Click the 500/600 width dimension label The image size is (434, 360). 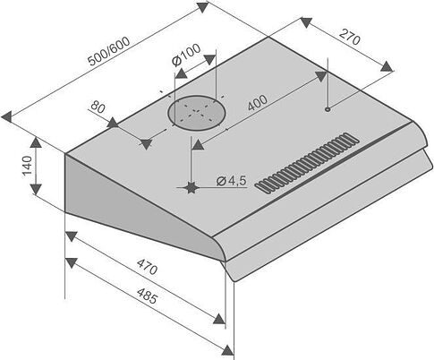(109, 51)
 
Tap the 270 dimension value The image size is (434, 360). (350, 37)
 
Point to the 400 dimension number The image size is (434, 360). (258, 102)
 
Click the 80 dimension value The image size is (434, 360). (98, 107)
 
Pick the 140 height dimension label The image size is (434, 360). (27, 166)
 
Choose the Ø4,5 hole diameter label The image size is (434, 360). (232, 181)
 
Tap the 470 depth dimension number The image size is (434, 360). (147, 267)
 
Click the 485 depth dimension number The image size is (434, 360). (147, 296)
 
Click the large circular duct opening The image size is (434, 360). (196, 113)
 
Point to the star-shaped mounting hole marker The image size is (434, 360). (191, 187)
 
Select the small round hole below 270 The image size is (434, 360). (328, 109)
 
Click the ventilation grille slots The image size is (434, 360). (307, 163)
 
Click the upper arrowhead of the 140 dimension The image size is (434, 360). (36, 142)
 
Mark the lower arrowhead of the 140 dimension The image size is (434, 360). (36, 189)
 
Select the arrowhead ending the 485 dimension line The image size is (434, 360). (227, 350)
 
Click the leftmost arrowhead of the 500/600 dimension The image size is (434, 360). (6, 116)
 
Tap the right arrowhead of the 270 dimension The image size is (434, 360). (387, 66)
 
